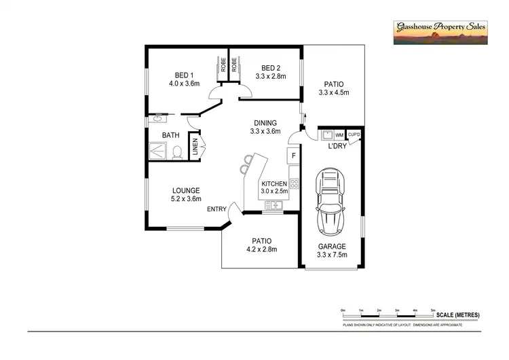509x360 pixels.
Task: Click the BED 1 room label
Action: pos(185,75)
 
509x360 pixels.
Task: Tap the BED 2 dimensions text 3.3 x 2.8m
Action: pos(271,77)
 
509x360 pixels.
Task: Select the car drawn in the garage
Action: pos(333,201)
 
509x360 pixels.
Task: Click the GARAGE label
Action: pos(332,247)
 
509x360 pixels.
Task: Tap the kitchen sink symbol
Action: pos(274,204)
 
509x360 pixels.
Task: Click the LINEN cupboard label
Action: pos(195,147)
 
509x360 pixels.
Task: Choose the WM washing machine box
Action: pos(339,135)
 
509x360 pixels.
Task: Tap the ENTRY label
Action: pos(217,209)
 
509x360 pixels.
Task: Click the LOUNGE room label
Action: pos(186,190)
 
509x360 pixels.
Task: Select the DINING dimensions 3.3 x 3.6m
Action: pos(265,132)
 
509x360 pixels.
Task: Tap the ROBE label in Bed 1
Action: pos(223,66)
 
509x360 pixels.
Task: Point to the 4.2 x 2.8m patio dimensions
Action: pos(262,249)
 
